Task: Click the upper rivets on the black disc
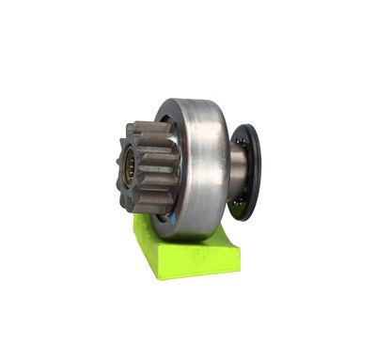pyautogui.click(x=241, y=141)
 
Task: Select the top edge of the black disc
pyautogui.click(x=251, y=125)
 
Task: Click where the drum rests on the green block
pyautogui.click(x=193, y=235)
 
